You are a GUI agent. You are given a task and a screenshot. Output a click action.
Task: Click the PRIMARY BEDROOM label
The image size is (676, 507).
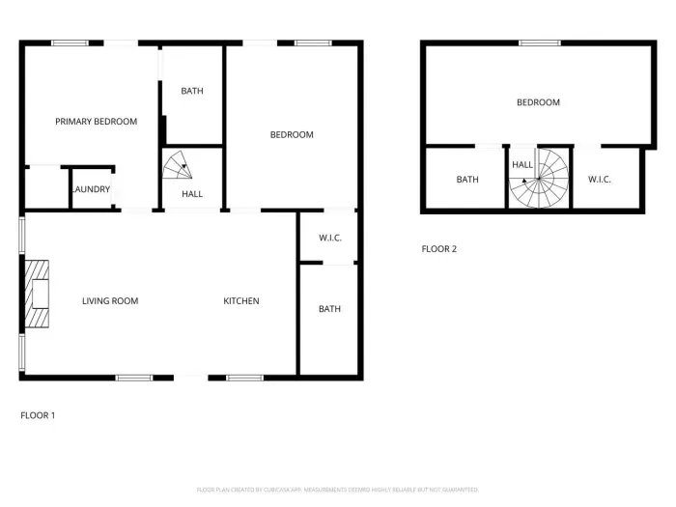[x=96, y=122]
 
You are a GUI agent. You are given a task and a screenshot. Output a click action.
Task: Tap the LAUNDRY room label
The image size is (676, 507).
[x=91, y=189]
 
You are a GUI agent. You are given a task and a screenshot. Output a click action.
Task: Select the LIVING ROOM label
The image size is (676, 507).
[x=110, y=301]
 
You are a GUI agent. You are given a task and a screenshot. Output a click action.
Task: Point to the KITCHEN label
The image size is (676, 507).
[x=241, y=301]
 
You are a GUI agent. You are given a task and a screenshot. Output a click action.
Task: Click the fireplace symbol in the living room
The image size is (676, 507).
[x=37, y=295]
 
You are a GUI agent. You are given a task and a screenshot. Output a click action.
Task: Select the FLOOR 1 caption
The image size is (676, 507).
[x=38, y=415]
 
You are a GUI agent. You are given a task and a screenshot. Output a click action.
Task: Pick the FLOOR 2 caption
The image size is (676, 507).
[x=439, y=249]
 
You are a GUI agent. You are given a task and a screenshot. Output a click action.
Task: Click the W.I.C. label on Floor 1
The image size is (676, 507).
[x=330, y=238]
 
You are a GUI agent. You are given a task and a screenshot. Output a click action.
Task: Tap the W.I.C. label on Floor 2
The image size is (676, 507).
[x=600, y=180]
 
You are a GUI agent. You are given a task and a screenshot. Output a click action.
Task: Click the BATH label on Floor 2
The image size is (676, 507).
[x=467, y=180]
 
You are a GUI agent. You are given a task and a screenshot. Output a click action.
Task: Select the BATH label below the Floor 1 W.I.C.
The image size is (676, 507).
[x=330, y=309]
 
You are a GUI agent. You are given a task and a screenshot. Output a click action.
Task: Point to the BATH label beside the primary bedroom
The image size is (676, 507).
[x=192, y=92]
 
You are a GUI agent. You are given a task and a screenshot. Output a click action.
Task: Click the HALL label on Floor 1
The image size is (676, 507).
[x=192, y=194]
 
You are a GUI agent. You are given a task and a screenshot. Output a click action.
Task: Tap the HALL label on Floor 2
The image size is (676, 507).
[x=522, y=165]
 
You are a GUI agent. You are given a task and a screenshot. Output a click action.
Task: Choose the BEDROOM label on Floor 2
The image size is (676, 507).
[x=538, y=102]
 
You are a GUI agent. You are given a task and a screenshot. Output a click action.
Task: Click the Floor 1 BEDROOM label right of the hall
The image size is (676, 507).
[x=292, y=135]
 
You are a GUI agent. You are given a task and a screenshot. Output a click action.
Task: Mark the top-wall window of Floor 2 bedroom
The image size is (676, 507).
[x=540, y=42]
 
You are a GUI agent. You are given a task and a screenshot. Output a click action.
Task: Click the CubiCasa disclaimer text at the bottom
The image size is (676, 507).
[x=338, y=490]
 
